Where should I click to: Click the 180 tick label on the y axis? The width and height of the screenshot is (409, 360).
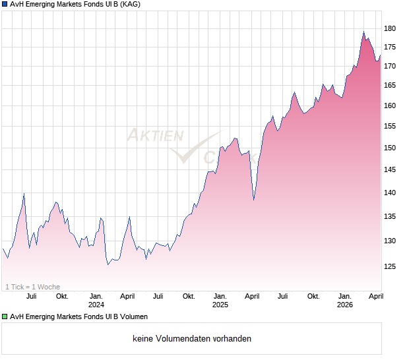pyautogui.click(x=391, y=28)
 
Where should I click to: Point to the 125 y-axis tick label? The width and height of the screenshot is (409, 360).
pyautogui.click(x=391, y=266)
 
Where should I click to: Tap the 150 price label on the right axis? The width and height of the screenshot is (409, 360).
pyautogui.click(x=391, y=148)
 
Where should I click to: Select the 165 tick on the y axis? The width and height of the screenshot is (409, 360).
pyautogui.click(x=391, y=85)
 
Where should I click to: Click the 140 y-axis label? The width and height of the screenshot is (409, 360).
pyautogui.click(x=391, y=193)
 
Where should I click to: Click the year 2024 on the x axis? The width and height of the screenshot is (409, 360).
pyautogui.click(x=96, y=305)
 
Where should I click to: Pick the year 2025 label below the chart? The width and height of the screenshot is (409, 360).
pyautogui.click(x=220, y=305)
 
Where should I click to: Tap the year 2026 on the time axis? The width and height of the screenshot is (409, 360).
pyautogui.click(x=345, y=305)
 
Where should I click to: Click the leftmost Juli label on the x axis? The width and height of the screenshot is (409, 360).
pyautogui.click(x=30, y=296)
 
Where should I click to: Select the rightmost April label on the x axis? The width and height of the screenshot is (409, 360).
pyautogui.click(x=376, y=296)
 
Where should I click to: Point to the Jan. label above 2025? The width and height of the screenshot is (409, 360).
pyautogui.click(x=220, y=296)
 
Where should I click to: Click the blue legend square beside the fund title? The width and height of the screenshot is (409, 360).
pyautogui.click(x=5, y=4)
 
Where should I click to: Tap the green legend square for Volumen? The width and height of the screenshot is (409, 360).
pyautogui.click(x=5, y=316)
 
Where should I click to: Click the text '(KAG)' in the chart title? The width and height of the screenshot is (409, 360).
pyautogui.click(x=129, y=4)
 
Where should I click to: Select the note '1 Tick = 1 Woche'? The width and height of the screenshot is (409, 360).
pyautogui.click(x=33, y=287)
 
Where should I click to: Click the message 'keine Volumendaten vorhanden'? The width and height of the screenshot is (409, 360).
pyautogui.click(x=192, y=339)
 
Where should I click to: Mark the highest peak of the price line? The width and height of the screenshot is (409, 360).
pyautogui.click(x=363, y=32)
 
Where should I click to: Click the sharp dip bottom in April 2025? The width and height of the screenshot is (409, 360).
pyautogui.click(x=254, y=199)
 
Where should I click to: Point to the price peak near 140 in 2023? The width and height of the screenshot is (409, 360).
pyautogui.click(x=24, y=193)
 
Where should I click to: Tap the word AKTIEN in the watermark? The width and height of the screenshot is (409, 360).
pyautogui.click(x=154, y=136)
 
